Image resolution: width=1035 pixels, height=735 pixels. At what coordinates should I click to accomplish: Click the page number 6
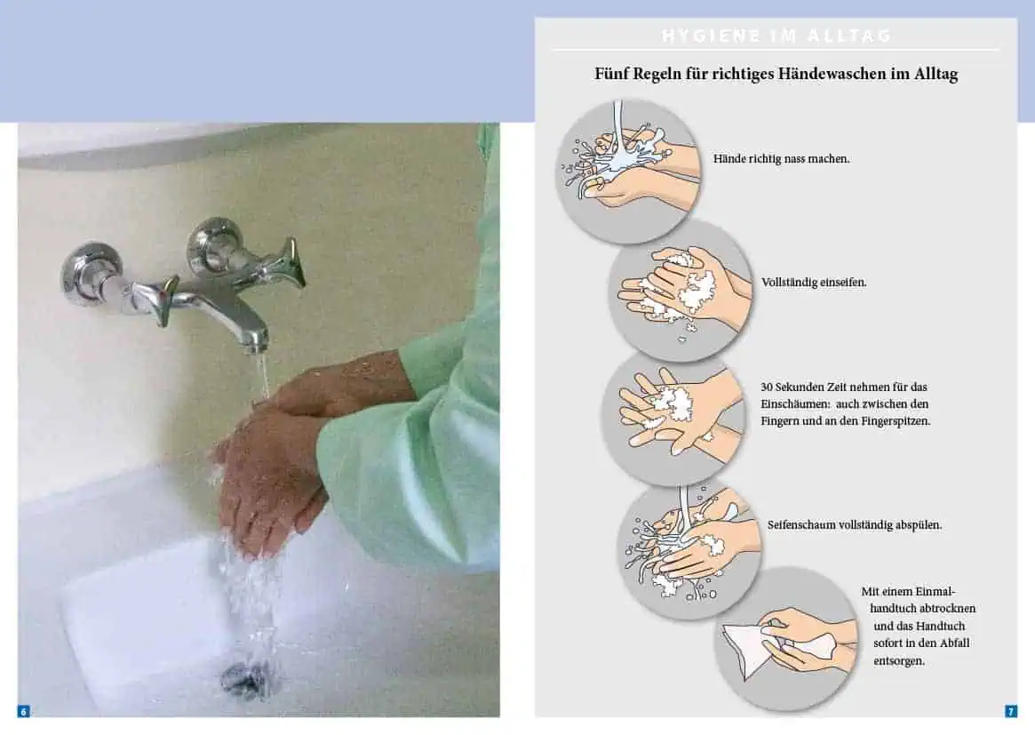(24, 711)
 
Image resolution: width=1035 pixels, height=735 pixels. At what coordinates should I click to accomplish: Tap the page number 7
(1011, 711)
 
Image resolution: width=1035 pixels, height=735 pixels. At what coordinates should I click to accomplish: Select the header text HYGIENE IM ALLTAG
(776, 36)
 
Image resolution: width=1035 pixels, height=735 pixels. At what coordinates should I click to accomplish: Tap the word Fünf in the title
(611, 73)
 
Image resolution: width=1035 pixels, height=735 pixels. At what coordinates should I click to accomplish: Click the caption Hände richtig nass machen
(782, 158)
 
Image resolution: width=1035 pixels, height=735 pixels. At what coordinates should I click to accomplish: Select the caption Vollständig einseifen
(814, 282)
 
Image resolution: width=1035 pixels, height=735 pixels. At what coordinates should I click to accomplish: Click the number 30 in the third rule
(767, 387)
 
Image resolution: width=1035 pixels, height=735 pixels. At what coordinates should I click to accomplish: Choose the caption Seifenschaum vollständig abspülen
(855, 525)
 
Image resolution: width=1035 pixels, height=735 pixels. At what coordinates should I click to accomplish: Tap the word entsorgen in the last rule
(899, 660)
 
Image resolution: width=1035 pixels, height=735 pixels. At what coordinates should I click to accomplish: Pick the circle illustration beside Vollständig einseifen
(681, 291)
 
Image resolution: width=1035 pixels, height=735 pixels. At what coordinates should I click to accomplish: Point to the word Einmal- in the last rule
(931, 592)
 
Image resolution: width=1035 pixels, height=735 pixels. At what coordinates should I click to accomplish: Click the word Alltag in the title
(936, 74)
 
